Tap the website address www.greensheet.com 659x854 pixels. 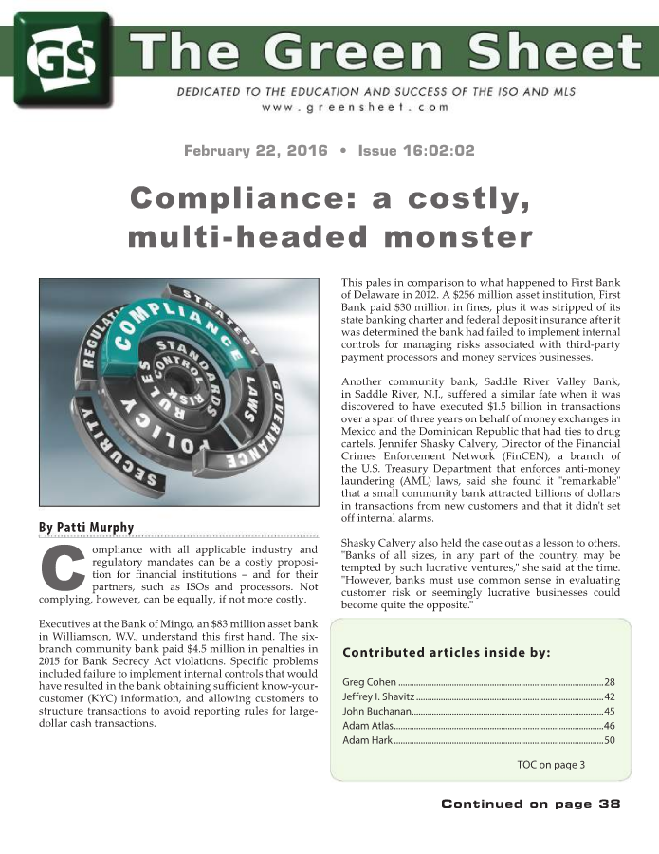point(356,107)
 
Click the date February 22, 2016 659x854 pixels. point(255,151)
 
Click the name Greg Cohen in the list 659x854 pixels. point(370,683)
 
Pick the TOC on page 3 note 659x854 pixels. point(551,764)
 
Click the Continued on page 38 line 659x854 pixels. point(530,804)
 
